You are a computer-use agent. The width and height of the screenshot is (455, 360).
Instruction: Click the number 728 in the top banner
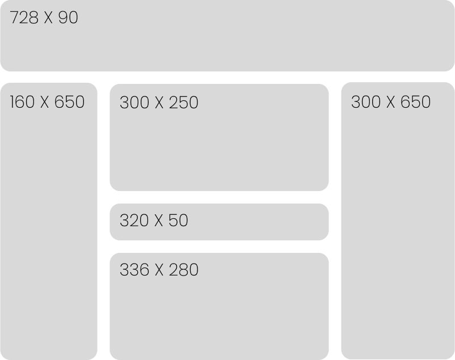[24, 18]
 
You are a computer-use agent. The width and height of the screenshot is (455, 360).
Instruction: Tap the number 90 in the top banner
[68, 18]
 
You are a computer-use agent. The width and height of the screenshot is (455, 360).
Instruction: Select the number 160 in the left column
[22, 102]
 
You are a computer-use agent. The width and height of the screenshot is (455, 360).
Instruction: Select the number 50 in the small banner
[178, 221]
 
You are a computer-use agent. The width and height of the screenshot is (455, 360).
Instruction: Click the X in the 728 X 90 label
[48, 18]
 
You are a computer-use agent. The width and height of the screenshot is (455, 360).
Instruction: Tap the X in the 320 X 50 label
[158, 221]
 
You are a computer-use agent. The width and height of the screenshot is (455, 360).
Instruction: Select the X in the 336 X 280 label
[158, 270]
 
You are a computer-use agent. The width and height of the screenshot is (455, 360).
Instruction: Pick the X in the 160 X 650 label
[45, 102]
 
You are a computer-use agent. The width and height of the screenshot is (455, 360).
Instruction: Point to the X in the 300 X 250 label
[158, 103]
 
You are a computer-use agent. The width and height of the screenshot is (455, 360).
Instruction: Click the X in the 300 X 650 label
[390, 102]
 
